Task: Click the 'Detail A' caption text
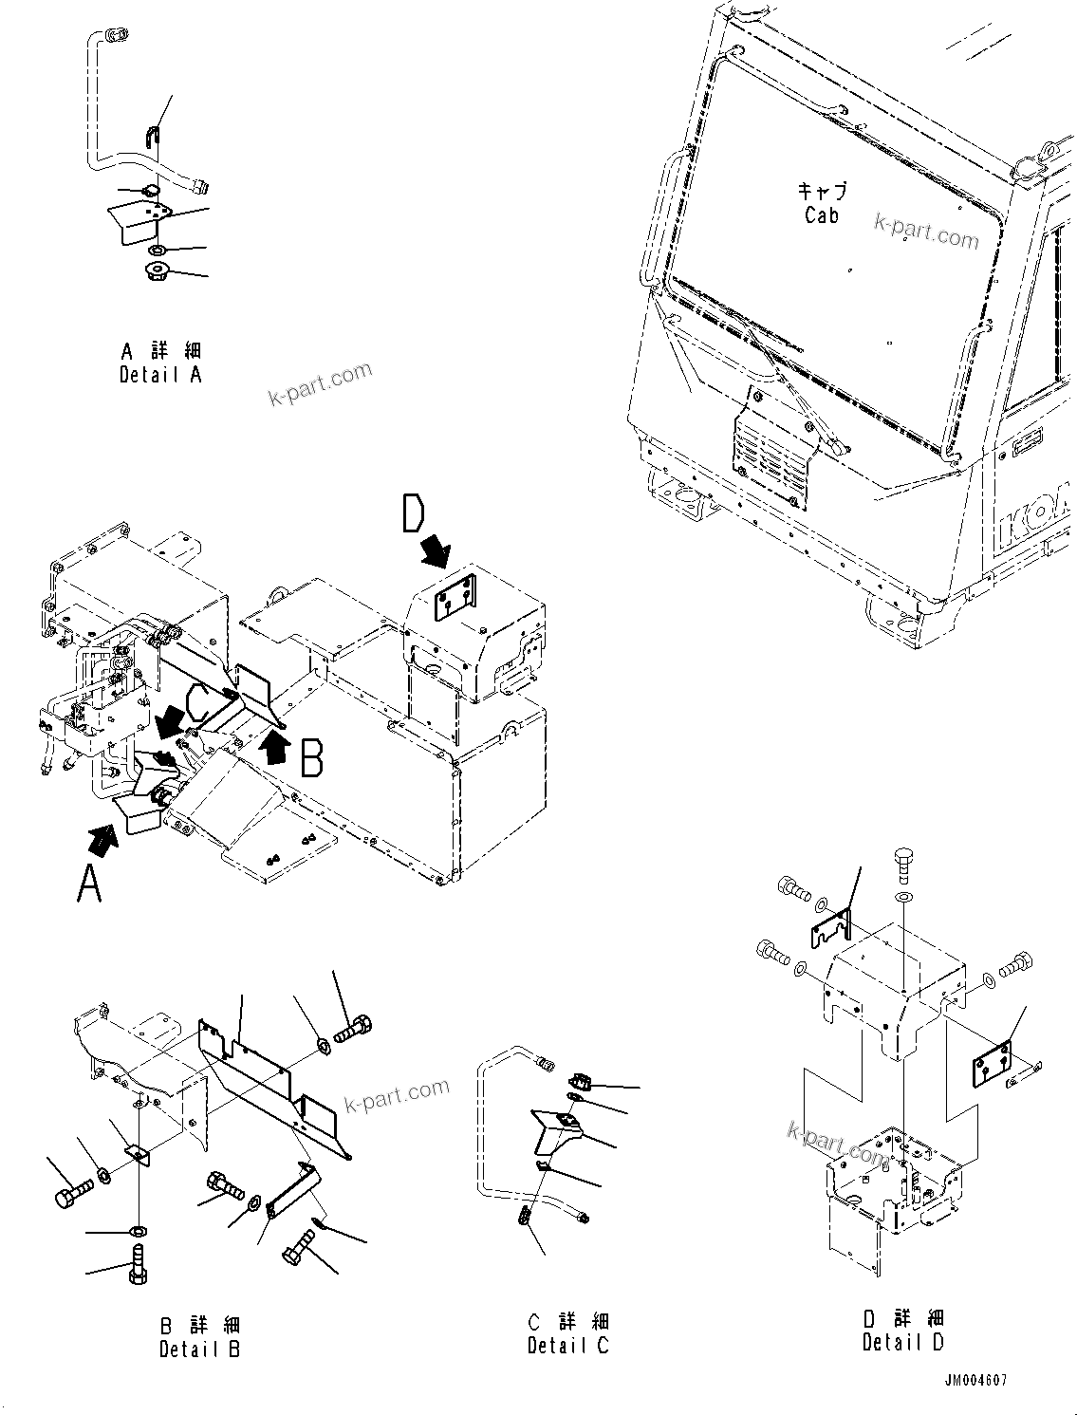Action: coord(160,375)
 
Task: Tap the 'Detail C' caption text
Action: coord(568,1345)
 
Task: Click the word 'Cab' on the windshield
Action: coord(822,215)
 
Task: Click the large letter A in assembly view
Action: coord(88,885)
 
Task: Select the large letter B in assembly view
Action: coord(312,759)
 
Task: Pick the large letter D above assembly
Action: coord(413,515)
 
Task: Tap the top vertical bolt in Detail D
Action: coord(904,864)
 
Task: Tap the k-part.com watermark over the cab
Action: coord(925,230)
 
